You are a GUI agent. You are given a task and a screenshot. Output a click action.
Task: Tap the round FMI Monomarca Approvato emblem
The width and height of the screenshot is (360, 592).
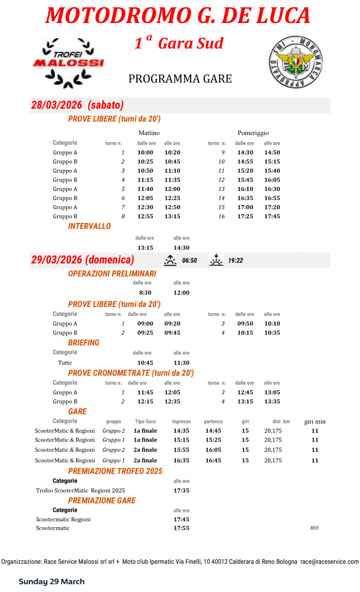[x=295, y=62]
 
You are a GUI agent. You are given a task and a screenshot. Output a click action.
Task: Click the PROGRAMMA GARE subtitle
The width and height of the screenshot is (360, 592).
[x=180, y=79]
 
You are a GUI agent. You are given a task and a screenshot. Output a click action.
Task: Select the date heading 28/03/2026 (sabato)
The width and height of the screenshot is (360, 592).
[x=77, y=106]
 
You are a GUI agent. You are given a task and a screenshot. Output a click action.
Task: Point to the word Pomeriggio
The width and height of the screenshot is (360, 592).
[x=253, y=133]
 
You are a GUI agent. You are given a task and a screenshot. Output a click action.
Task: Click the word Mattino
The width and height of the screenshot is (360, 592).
[x=149, y=133]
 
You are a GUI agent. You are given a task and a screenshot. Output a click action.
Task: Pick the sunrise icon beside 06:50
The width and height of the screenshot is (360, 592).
[x=170, y=260]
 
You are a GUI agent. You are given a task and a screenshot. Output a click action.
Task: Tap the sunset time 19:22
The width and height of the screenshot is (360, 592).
[x=236, y=260]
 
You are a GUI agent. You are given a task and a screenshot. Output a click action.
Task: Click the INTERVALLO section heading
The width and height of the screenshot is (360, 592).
[x=89, y=226]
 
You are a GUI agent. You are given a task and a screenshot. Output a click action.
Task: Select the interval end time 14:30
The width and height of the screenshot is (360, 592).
[x=181, y=248]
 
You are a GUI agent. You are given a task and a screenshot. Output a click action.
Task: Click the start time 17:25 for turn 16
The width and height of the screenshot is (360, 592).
[x=244, y=216]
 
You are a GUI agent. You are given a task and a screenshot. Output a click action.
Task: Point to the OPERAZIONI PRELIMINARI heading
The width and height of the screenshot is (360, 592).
[x=112, y=274]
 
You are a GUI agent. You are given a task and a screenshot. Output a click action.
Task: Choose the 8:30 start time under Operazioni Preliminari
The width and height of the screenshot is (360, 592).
[x=145, y=292]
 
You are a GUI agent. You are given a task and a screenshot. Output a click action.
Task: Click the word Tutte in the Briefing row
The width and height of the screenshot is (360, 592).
[x=65, y=363]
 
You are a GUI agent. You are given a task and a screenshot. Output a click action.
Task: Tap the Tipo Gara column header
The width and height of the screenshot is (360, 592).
[x=145, y=422]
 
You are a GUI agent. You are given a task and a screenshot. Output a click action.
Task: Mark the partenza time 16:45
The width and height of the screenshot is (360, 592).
[x=213, y=460]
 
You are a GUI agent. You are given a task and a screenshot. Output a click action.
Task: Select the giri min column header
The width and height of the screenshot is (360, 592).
[x=315, y=422]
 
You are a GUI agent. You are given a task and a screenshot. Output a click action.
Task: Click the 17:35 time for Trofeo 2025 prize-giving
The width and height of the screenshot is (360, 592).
[x=181, y=490]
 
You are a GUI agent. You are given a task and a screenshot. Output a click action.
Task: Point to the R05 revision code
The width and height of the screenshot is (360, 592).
[x=314, y=528]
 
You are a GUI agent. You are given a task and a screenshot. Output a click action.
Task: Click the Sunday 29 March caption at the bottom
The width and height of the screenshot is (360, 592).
[x=51, y=581]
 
